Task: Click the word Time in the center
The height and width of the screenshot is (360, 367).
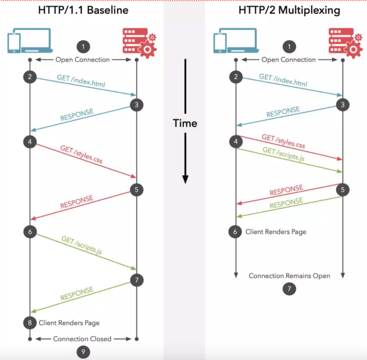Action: point(185,123)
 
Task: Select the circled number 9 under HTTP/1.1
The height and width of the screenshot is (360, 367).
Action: point(83,352)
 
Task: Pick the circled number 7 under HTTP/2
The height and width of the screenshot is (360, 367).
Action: point(289,288)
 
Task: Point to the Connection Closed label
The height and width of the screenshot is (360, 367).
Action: point(82,339)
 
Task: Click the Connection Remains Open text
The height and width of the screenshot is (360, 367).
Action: point(289,276)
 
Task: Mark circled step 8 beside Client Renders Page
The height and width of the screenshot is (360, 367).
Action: point(30,323)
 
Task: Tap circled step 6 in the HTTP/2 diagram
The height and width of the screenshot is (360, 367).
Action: point(236,232)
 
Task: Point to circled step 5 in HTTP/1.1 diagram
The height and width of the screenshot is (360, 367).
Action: point(137,190)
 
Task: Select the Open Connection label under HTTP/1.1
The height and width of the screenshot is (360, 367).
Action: point(82,59)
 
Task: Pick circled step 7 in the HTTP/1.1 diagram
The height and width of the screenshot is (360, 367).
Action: point(137,280)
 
